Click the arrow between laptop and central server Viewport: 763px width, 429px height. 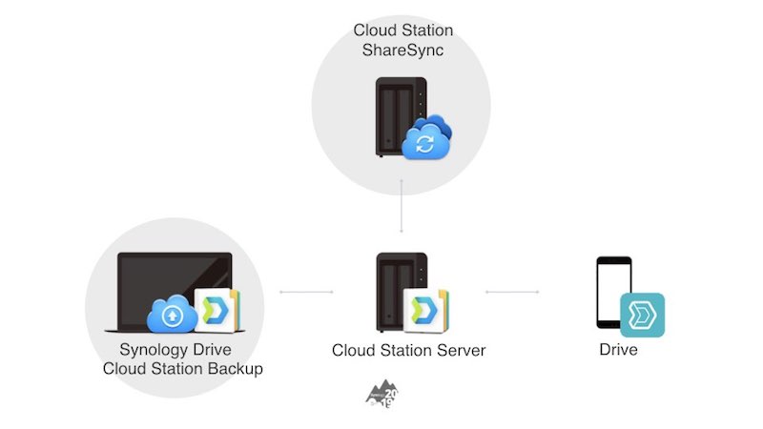(305, 292)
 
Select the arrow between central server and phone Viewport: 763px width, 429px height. (512, 292)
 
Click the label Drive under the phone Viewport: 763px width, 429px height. (618, 350)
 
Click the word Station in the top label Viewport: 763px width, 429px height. (423, 31)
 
